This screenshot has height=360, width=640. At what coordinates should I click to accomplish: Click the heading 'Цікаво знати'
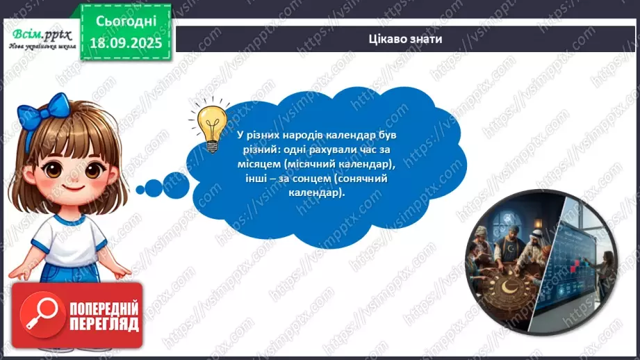pos(407,39)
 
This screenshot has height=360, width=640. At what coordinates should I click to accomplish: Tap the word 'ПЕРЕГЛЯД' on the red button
pos(104,325)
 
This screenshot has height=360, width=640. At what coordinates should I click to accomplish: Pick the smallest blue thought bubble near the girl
pos(140,189)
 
